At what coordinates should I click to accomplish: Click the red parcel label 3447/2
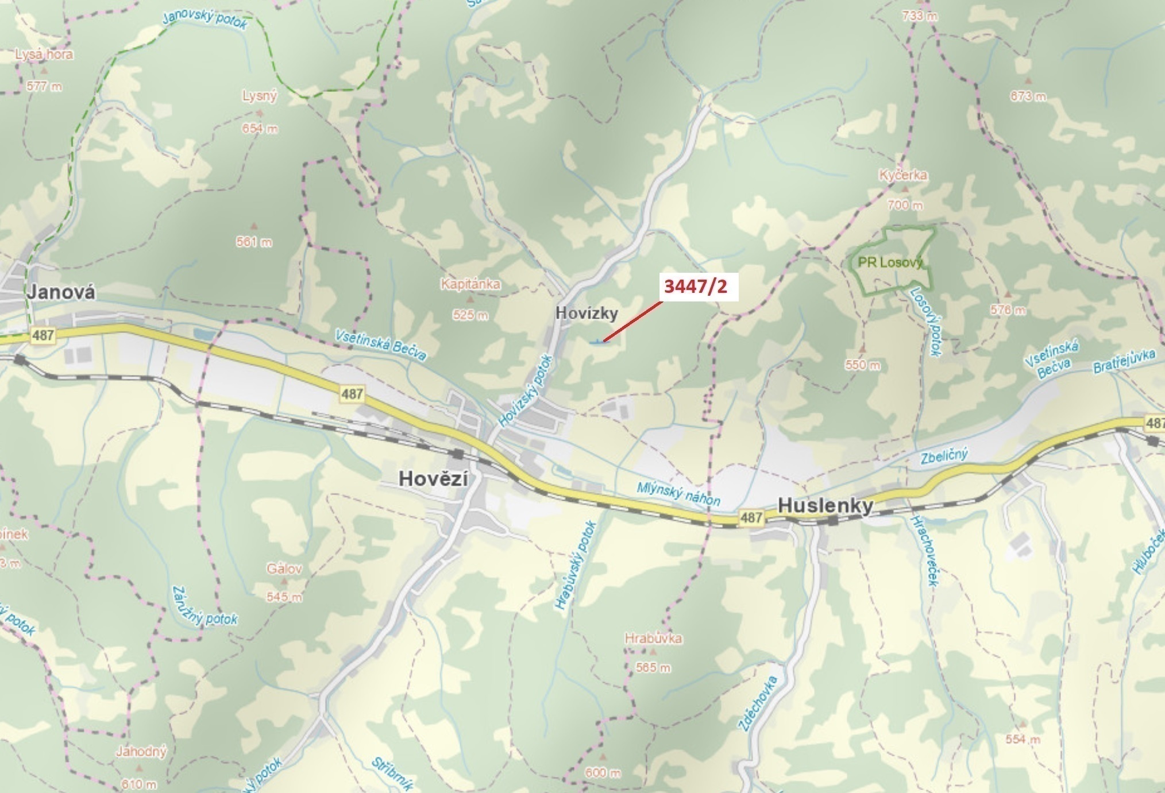point(695,286)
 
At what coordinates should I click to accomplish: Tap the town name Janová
point(61,292)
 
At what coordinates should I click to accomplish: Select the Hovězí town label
point(433,479)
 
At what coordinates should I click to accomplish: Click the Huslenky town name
point(825,505)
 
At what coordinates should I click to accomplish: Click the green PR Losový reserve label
point(890,262)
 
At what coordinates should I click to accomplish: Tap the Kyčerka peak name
point(902,175)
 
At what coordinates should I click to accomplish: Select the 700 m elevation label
point(905,204)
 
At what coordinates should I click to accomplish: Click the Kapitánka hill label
point(470,284)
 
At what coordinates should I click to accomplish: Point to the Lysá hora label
point(44,55)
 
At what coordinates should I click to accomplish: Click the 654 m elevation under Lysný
point(260,129)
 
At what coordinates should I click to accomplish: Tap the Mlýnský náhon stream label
point(678,493)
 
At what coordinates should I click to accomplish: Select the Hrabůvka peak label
point(653,638)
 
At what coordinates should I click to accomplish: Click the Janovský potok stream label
point(205,20)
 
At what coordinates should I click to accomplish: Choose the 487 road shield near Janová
point(43,335)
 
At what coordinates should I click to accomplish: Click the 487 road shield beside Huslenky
point(751,517)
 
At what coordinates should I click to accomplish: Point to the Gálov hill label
point(284,569)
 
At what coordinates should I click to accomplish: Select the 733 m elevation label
point(919,16)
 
